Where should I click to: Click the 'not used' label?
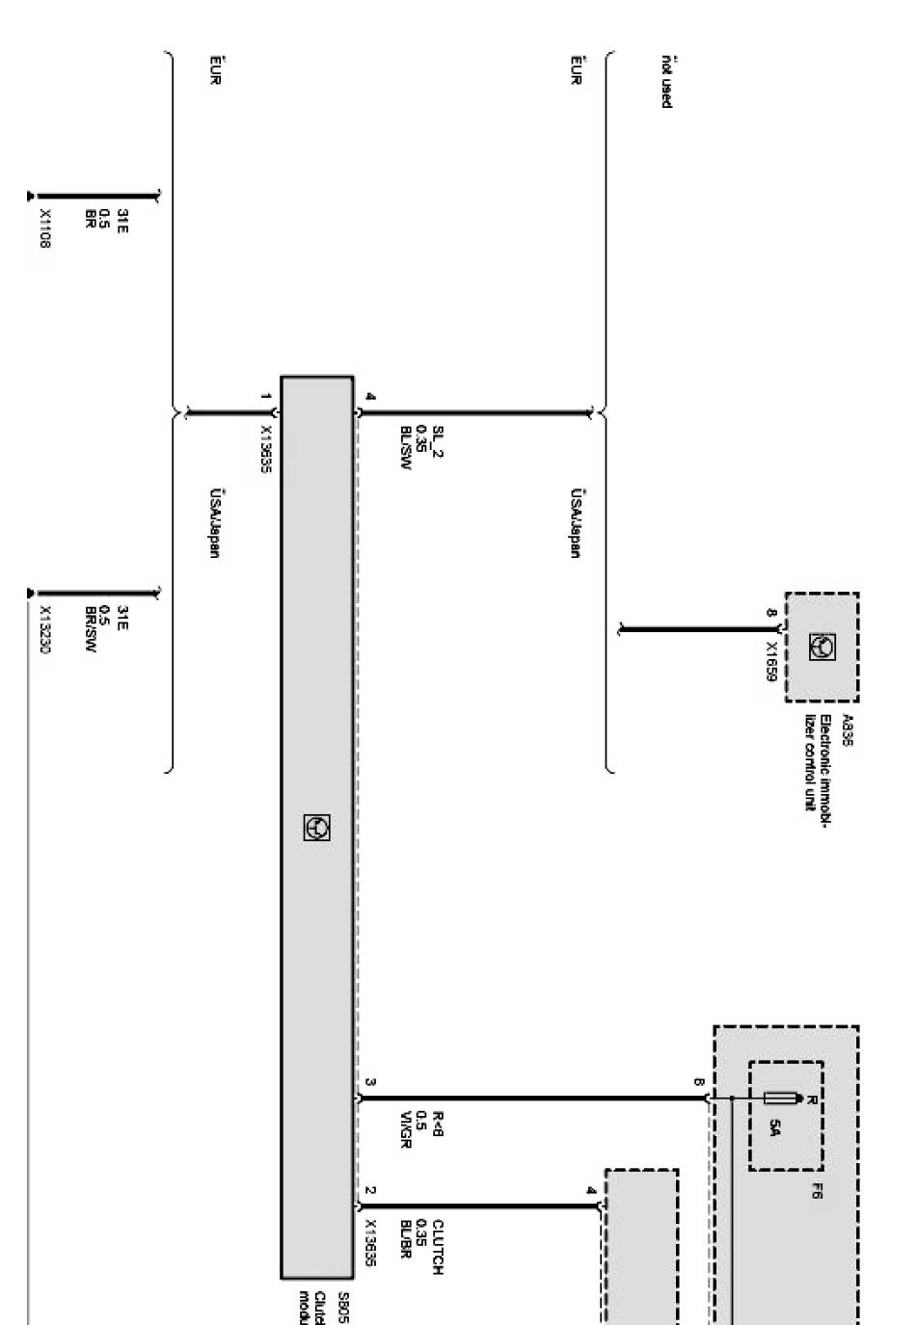pyautogui.click(x=665, y=81)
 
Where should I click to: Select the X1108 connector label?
pyautogui.click(x=44, y=229)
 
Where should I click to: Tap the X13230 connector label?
pyautogui.click(x=44, y=629)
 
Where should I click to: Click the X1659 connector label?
pyautogui.click(x=771, y=662)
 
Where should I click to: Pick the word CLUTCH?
pyautogui.click(x=437, y=1248)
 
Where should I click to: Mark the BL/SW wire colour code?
pyautogui.click(x=406, y=448)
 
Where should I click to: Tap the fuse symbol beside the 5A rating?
pyautogui.click(x=779, y=1099)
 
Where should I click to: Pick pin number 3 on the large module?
pyautogui.click(x=370, y=1083)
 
